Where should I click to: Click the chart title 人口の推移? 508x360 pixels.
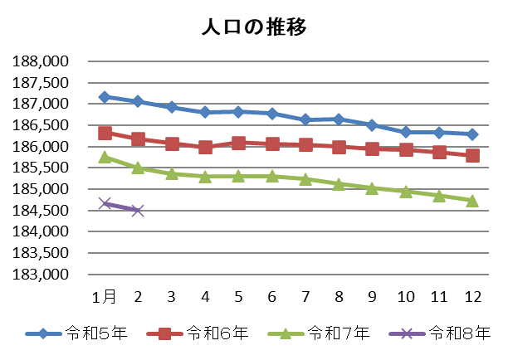tap(254, 27)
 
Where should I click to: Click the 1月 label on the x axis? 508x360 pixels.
tap(105, 296)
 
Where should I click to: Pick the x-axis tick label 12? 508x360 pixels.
tap(472, 296)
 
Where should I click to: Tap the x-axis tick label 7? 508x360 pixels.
tap(305, 296)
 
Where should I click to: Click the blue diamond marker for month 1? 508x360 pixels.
tap(105, 97)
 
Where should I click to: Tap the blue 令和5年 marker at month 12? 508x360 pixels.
tap(472, 134)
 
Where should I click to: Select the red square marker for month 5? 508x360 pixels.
tap(238, 143)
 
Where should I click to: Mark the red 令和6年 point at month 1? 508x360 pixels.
tap(105, 133)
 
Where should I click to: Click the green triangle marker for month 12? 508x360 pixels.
tap(472, 200)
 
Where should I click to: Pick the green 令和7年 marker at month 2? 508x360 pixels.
tap(138, 168)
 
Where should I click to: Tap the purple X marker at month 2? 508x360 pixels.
tap(138, 211)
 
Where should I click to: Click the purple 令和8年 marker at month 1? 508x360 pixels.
tap(105, 203)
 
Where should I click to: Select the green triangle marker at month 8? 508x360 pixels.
tap(339, 184)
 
